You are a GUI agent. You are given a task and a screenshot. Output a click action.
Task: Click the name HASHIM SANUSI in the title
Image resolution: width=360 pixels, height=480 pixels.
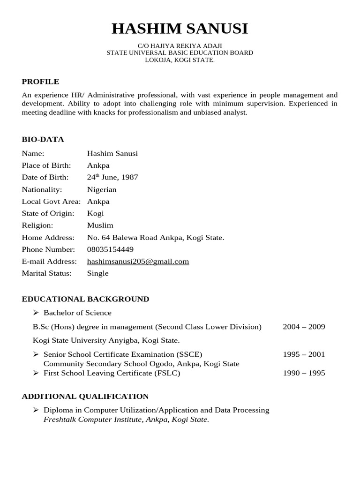[x=180, y=29]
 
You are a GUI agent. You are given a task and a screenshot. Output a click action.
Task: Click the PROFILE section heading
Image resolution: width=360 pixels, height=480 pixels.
[x=40, y=82]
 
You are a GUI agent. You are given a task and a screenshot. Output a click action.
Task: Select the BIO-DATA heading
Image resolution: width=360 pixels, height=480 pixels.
[x=43, y=139]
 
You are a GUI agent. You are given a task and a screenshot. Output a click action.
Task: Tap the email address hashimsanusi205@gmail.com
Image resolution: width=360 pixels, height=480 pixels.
[x=138, y=262]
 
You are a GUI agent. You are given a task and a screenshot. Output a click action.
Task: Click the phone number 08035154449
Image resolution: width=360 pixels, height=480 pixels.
[x=110, y=249]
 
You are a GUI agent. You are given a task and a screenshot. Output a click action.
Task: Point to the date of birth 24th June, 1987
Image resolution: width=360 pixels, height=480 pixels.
[x=112, y=178]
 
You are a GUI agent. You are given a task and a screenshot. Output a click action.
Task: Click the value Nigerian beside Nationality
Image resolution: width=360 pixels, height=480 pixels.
[x=102, y=190]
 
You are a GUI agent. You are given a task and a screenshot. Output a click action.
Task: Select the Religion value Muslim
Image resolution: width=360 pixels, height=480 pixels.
[x=100, y=225]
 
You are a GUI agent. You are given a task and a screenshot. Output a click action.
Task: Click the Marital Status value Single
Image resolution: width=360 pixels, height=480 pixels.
[x=97, y=273]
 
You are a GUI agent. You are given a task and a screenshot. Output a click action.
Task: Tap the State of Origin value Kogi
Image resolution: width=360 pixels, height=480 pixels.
[x=95, y=214]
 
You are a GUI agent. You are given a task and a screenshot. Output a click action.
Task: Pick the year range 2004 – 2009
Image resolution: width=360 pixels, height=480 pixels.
[x=304, y=327]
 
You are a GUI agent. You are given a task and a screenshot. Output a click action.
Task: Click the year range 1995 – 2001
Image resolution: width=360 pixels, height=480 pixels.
[x=304, y=354]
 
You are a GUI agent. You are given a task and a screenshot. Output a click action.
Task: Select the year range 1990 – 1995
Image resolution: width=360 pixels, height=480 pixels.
[x=304, y=373]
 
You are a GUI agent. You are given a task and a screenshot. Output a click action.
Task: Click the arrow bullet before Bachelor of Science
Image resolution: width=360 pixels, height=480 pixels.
[x=36, y=313]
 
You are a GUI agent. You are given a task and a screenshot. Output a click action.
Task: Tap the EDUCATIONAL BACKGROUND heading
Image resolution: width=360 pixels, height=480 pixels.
[x=85, y=299]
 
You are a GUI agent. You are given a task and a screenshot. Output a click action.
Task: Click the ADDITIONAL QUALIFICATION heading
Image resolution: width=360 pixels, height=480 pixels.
[x=85, y=397]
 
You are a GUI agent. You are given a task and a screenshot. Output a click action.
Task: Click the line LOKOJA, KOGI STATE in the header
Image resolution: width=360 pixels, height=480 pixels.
[x=180, y=60]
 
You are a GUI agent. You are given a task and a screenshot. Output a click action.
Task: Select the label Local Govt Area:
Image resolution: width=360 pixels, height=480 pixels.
[x=51, y=202]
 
